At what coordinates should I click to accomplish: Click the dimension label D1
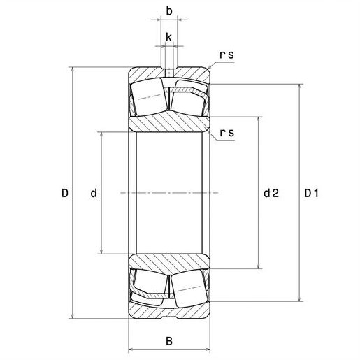point(311,193)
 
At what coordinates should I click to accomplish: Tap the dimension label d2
point(271,193)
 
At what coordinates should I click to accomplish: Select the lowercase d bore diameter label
point(94,193)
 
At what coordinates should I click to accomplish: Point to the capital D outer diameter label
point(65,193)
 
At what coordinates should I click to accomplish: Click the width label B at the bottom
point(169,341)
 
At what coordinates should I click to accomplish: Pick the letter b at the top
point(169,11)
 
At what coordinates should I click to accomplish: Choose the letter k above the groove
point(168,37)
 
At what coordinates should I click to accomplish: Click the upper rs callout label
point(226,55)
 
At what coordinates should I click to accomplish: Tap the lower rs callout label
point(227,133)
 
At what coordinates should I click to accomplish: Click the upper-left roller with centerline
point(149,97)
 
